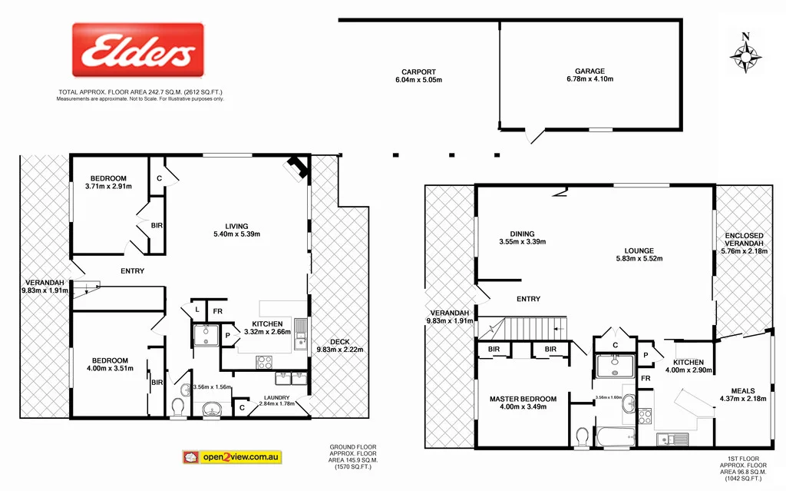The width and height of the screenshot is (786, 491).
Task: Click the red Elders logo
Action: point(138,50)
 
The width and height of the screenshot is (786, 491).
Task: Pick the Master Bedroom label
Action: point(523,399)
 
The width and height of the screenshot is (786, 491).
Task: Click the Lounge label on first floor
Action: point(639,250)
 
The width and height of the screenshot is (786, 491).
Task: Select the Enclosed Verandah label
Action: point(744,236)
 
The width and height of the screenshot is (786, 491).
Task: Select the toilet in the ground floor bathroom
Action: point(179,405)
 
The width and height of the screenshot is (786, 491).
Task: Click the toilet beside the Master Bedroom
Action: point(581,436)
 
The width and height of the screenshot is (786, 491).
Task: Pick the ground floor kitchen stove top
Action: point(263,360)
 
